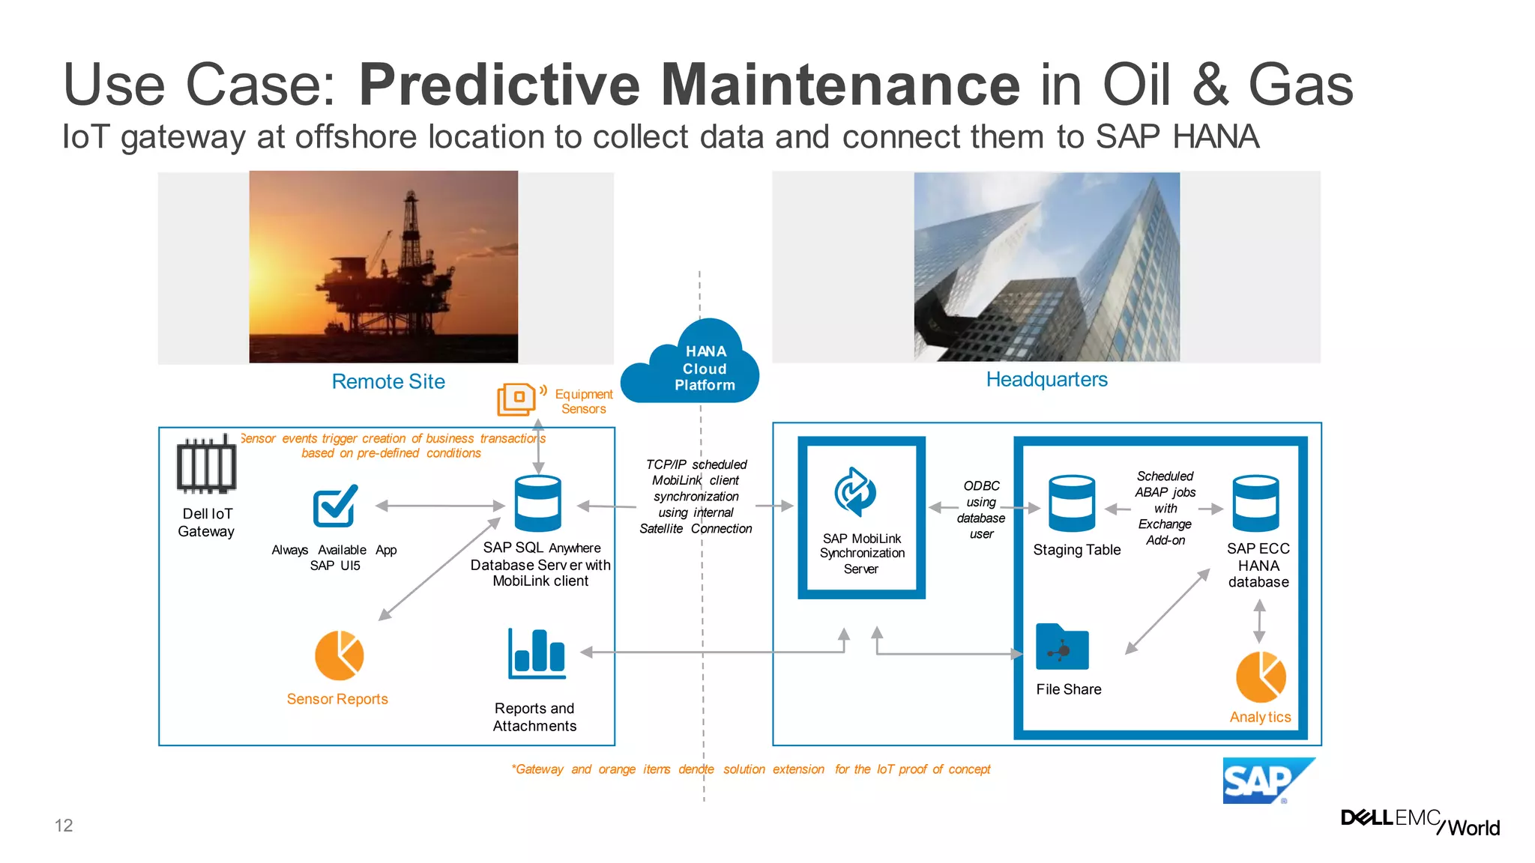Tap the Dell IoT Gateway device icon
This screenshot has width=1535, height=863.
[206, 465]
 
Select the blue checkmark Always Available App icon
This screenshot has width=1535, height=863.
[334, 507]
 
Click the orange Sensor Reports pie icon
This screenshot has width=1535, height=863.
[339, 655]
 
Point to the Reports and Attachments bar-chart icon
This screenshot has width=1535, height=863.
[537, 653]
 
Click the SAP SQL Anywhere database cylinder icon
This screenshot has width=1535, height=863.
[537, 503]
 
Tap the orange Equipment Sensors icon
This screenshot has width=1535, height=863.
[516, 399]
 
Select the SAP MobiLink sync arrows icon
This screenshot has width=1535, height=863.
[855, 492]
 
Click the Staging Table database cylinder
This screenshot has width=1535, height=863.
[1071, 503]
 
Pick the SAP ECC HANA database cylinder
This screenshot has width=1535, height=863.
[1255, 503]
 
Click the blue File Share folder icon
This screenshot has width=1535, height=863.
[1062, 647]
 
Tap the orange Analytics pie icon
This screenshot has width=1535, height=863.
[1261, 676]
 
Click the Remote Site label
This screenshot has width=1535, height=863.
[388, 381]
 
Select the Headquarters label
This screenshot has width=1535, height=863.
[1046, 379]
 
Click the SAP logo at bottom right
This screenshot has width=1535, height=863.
[1267, 781]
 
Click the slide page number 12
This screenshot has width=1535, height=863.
[64, 826]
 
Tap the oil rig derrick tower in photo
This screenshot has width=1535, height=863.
[411, 225]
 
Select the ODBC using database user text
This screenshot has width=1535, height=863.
[981, 509]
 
